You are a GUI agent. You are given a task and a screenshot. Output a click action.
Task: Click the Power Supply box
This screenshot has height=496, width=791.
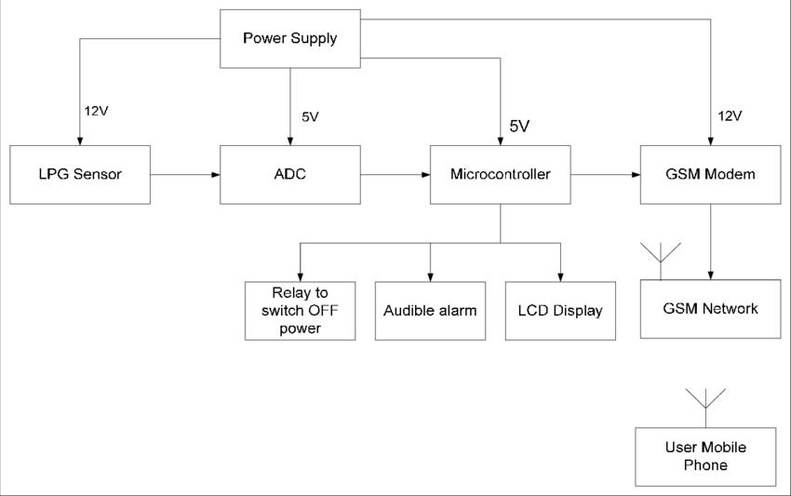click(289, 39)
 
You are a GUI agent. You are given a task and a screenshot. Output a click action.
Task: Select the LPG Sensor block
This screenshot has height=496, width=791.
click(79, 174)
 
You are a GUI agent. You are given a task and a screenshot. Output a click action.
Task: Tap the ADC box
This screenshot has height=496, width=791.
click(289, 174)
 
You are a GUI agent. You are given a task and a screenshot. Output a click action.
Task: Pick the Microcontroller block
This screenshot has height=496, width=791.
click(501, 174)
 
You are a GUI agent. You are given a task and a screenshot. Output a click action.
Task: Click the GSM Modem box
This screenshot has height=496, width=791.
click(711, 174)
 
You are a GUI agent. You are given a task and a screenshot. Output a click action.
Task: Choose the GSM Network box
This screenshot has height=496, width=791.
click(711, 309)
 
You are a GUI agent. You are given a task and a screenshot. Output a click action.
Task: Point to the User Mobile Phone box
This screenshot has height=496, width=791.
click(705, 456)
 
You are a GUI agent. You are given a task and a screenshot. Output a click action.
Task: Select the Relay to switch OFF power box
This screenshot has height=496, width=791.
click(300, 311)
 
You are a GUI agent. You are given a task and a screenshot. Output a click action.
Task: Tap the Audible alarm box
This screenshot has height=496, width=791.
click(430, 311)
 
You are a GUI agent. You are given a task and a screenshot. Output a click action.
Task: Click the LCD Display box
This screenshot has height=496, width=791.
click(560, 311)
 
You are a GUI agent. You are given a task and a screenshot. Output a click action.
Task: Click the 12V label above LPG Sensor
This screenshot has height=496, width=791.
click(97, 111)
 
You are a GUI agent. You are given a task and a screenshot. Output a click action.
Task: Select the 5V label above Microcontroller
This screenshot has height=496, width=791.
click(519, 126)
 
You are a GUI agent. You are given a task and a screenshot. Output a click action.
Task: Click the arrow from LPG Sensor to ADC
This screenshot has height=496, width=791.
click(184, 174)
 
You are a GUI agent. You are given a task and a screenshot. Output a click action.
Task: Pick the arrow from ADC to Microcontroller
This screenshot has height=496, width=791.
click(395, 174)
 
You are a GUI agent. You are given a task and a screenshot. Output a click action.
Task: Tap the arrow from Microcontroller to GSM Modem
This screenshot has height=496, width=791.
click(606, 174)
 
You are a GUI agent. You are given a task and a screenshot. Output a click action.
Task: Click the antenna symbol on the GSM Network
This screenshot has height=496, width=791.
click(660, 256)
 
